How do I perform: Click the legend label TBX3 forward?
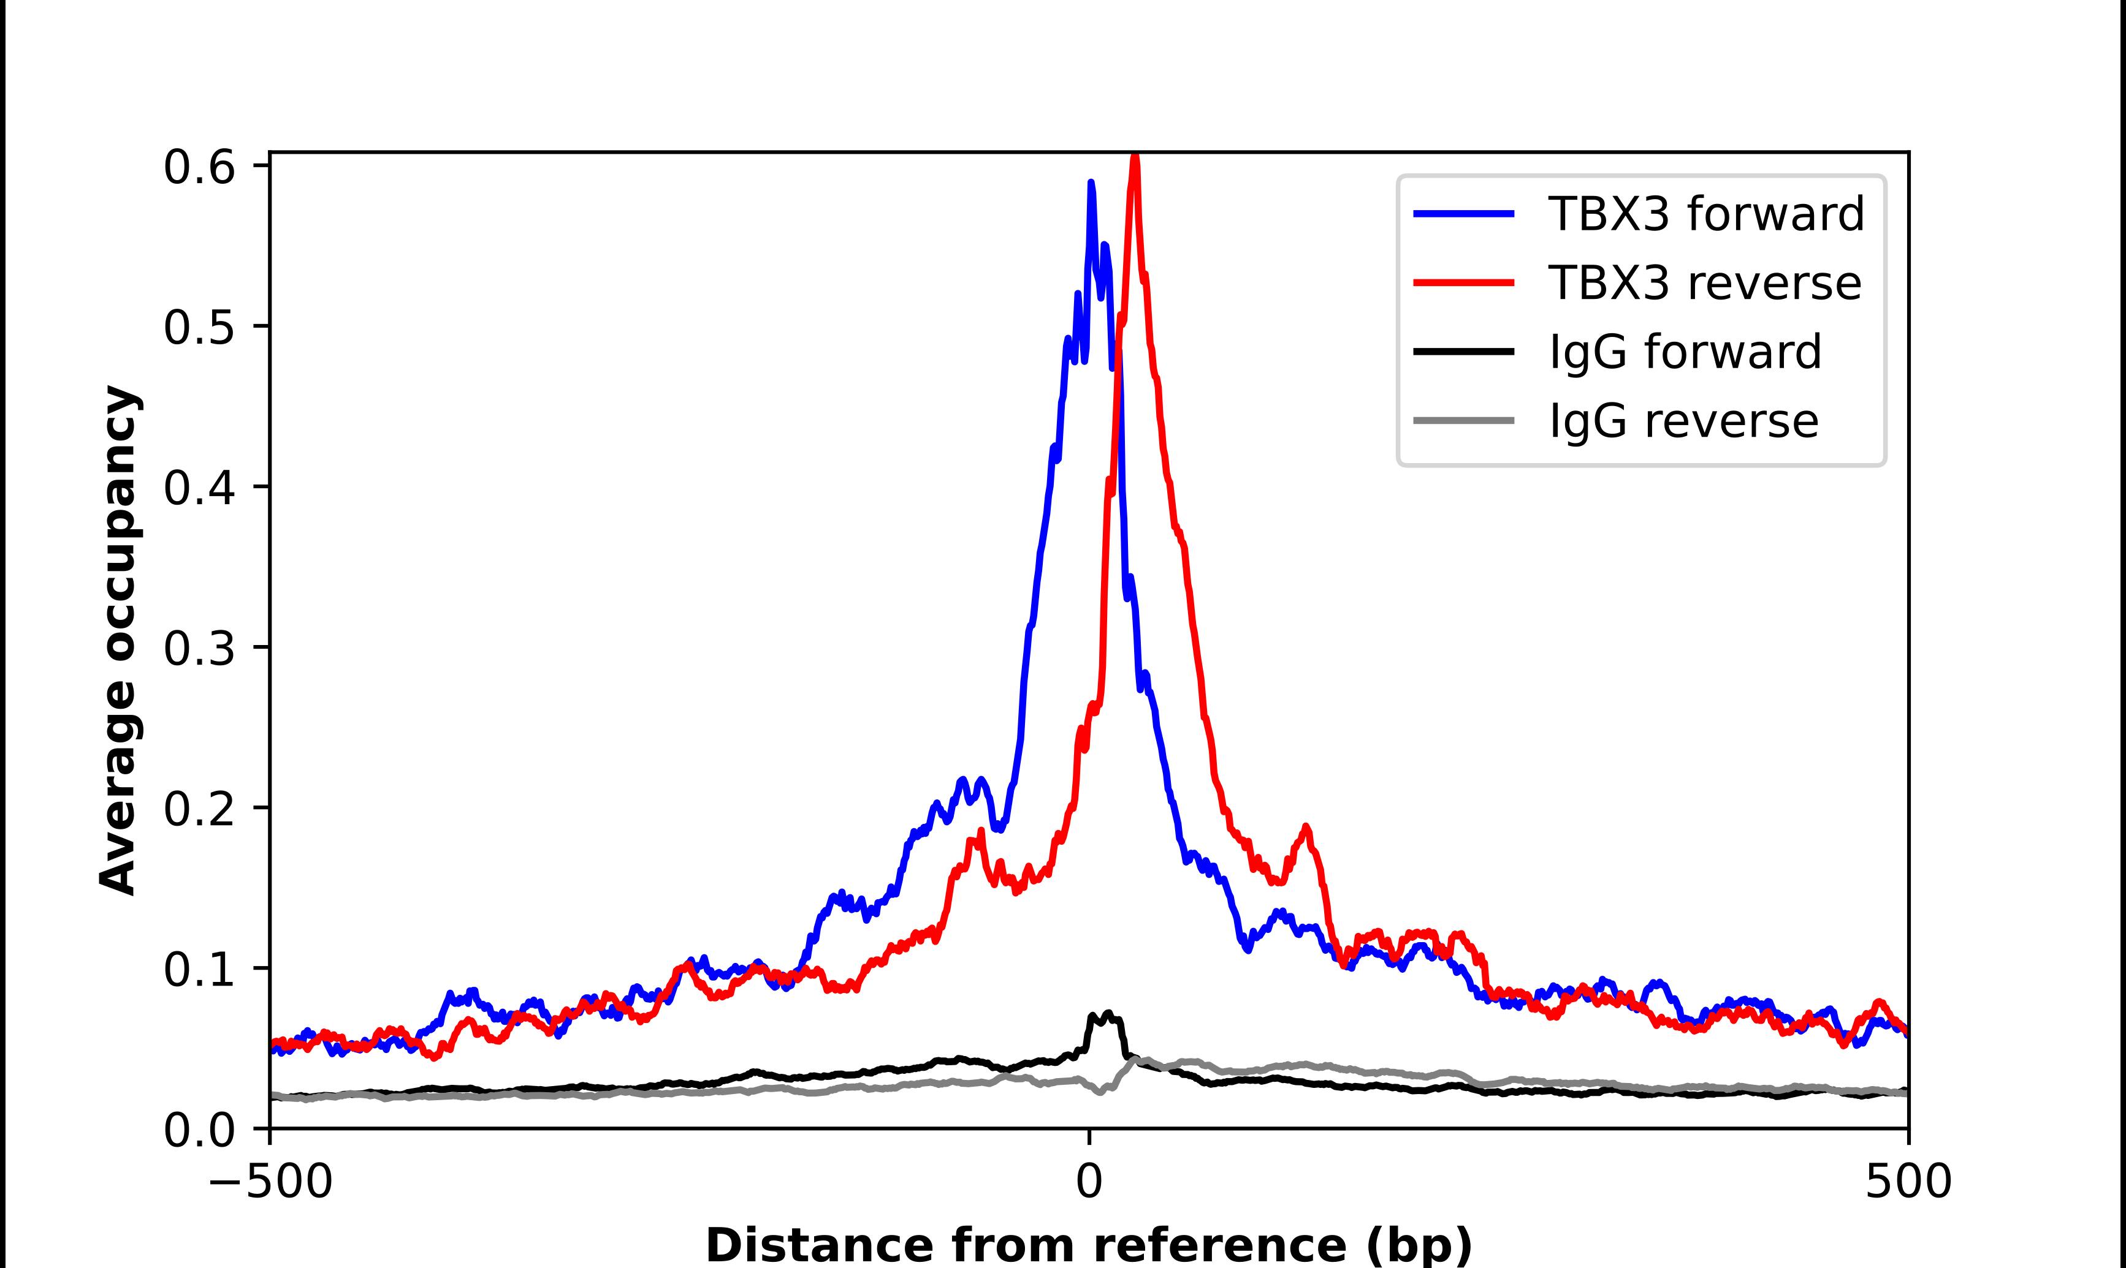(1706, 214)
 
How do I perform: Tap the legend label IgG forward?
(1685, 352)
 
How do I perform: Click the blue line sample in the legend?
(1463, 214)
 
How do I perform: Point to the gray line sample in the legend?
(1463, 421)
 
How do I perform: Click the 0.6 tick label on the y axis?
(199, 167)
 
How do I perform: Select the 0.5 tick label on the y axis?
(199, 327)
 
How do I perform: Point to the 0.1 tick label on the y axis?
(199, 970)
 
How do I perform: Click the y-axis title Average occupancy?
(118, 641)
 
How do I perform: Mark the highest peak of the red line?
(1134, 158)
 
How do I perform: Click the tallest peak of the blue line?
(1091, 183)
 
